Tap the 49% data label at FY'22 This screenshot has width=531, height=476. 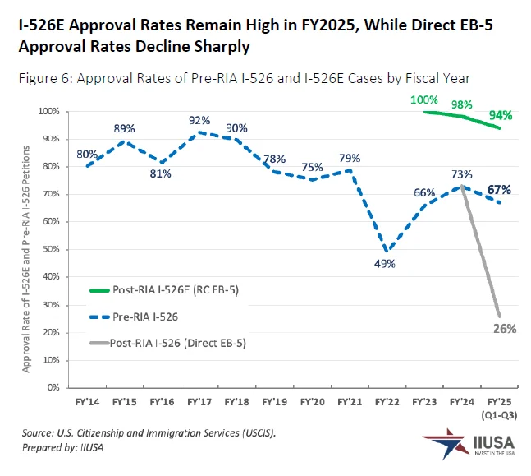pyautogui.click(x=385, y=264)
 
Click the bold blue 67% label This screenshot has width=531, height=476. pyautogui.click(x=499, y=190)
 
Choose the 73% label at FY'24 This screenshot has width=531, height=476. pyautogui.click(x=461, y=174)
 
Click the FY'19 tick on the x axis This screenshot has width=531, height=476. pyautogui.click(x=273, y=403)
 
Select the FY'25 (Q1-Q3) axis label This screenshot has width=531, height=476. pyautogui.click(x=499, y=409)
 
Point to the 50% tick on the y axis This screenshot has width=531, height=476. pyautogui.click(x=52, y=249)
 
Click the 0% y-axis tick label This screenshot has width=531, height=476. pyautogui.click(x=54, y=386)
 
